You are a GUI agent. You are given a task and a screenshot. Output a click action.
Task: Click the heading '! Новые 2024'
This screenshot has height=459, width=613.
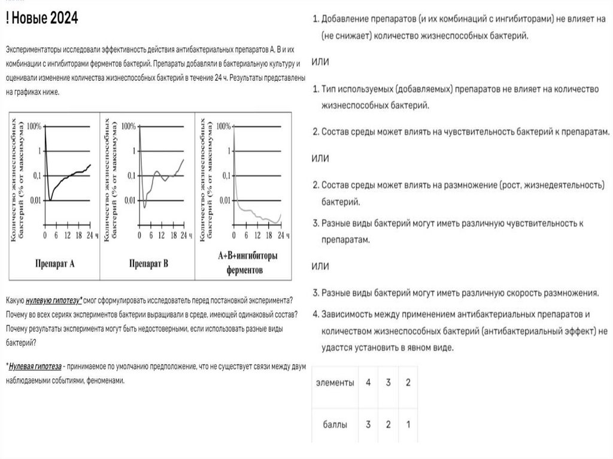(42, 19)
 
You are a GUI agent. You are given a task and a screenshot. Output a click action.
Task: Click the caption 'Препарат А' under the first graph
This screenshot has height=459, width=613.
(54, 263)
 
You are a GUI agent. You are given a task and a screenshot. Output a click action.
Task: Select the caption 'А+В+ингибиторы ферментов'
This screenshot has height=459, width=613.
(244, 263)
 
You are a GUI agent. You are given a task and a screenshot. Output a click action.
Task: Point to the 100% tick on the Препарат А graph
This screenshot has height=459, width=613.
(34, 126)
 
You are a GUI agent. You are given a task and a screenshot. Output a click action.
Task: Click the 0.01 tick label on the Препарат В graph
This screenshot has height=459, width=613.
(129, 200)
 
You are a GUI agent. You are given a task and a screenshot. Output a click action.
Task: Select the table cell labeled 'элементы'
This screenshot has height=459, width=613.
(335, 382)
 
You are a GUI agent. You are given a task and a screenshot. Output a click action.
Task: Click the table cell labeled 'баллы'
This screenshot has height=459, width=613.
(335, 425)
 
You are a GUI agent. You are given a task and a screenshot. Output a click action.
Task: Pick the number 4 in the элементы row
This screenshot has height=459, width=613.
(368, 382)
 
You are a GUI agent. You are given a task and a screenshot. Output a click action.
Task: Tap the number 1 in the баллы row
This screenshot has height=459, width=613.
(408, 425)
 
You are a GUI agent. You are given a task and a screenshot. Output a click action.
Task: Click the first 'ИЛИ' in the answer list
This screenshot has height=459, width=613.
(320, 62)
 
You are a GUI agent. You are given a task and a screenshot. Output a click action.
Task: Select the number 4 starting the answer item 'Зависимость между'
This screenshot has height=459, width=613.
(315, 314)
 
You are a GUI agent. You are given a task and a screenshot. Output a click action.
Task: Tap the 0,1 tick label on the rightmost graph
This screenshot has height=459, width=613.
(224, 175)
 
